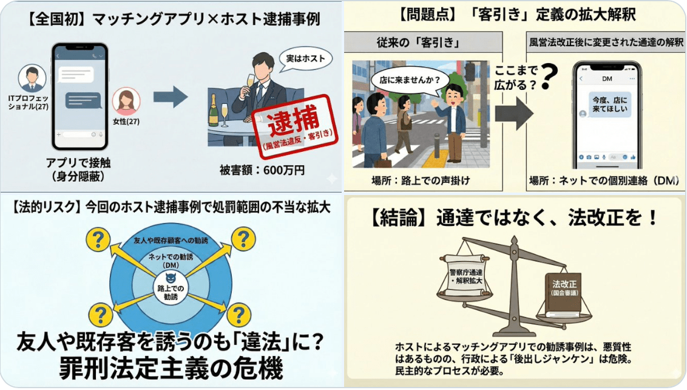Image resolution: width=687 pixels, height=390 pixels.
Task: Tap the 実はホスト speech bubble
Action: click(305, 60)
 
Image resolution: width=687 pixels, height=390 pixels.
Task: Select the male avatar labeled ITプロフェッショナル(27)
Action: click(32, 78)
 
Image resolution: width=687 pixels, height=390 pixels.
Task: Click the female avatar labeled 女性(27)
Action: click(126, 101)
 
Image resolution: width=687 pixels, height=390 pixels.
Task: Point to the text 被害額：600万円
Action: click(263, 170)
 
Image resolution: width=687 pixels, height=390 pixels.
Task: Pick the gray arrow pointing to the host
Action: click(170, 97)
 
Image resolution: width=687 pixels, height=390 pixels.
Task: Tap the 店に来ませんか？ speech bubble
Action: click(409, 79)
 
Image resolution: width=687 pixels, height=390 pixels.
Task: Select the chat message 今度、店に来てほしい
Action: click(611, 105)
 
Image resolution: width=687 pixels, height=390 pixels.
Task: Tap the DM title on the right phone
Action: click(607, 79)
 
